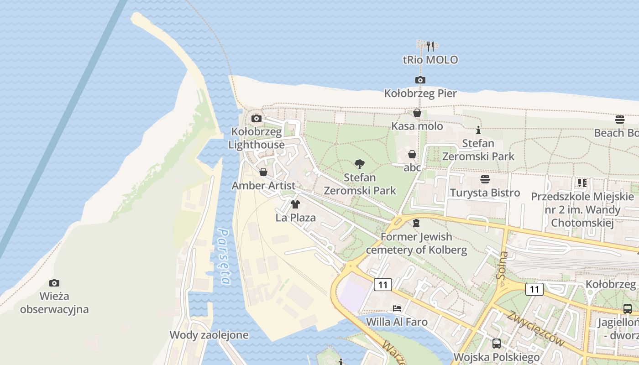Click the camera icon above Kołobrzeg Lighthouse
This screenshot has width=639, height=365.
(x=257, y=119)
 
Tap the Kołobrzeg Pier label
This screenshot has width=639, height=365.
(x=420, y=94)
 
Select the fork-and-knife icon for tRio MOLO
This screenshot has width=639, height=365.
(x=430, y=46)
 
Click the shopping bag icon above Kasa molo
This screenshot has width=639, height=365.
(x=417, y=113)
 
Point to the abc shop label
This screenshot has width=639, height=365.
(x=412, y=167)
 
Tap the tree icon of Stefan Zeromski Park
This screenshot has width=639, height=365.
(x=360, y=164)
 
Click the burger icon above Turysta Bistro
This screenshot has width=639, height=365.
(x=485, y=179)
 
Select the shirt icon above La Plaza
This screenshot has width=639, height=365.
(x=295, y=204)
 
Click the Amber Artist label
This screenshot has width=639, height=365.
(x=263, y=186)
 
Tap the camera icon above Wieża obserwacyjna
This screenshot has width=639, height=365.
(x=54, y=283)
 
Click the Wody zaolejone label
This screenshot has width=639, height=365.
(x=209, y=335)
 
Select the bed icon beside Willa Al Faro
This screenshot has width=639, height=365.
(x=397, y=308)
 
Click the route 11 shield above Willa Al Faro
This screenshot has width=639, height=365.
(x=382, y=285)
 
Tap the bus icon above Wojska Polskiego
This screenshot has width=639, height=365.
(x=496, y=344)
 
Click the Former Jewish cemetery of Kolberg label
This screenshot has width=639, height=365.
(x=416, y=243)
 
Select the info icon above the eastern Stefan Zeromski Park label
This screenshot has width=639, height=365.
(x=478, y=130)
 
